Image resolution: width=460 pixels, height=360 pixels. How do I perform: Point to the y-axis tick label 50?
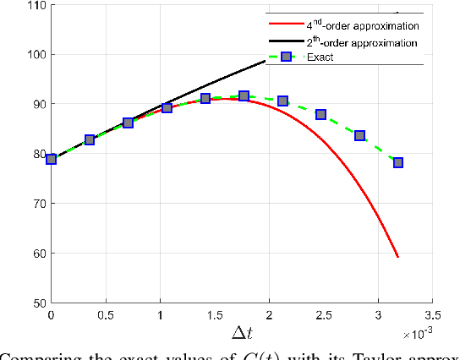click(x=37, y=303)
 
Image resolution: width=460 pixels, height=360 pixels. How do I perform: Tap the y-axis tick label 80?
click(x=37, y=154)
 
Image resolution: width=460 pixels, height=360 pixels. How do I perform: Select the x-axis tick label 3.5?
click(x=431, y=314)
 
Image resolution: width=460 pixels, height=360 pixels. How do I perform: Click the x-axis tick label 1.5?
click(x=214, y=314)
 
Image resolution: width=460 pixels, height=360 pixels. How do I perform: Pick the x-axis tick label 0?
click(x=51, y=314)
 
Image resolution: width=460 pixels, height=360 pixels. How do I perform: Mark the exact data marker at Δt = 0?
click(x=52, y=159)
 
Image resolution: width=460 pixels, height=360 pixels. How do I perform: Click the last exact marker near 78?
click(x=398, y=162)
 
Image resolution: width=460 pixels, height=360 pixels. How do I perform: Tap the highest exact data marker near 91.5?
click(x=244, y=96)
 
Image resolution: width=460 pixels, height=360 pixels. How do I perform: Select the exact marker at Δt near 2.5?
click(x=320, y=114)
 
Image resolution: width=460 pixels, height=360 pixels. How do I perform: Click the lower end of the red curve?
click(x=397, y=256)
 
